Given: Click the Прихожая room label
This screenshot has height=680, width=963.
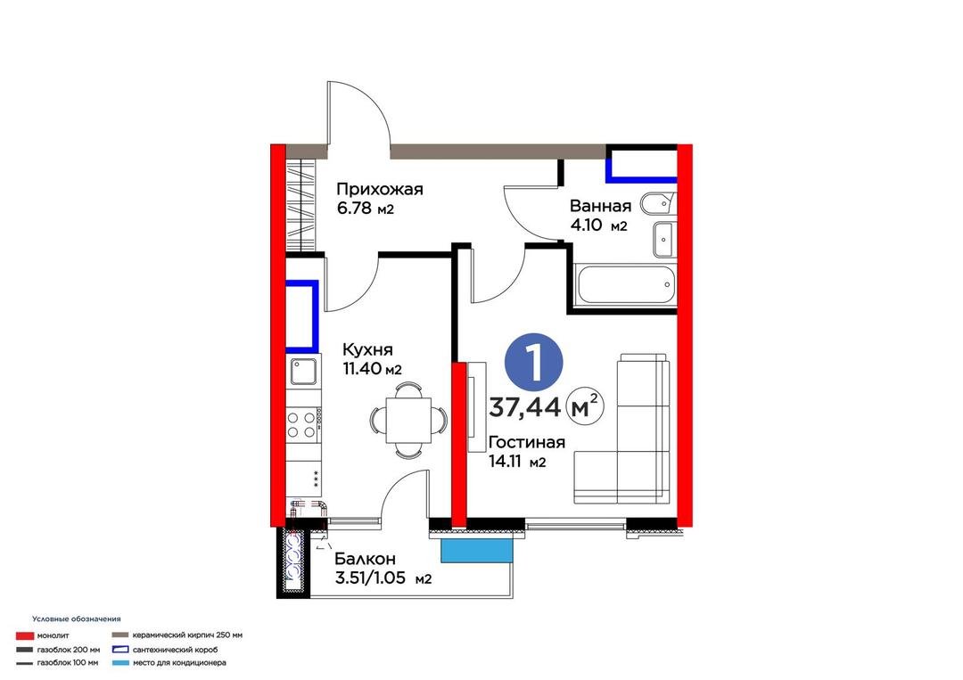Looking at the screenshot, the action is click(380, 189).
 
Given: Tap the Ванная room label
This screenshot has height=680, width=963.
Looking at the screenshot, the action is click(600, 206).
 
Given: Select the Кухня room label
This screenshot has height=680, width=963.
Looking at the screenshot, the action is click(367, 350).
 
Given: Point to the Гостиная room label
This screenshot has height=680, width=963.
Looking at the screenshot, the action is click(526, 443).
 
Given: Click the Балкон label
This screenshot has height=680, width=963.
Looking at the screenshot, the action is click(365, 559).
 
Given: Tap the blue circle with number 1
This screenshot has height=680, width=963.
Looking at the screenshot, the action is click(534, 363).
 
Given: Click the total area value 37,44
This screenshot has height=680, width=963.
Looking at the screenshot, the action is click(524, 407).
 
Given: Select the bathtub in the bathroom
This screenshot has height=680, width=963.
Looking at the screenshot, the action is click(626, 285).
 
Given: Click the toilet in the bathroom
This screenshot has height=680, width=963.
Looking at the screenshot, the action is click(656, 204).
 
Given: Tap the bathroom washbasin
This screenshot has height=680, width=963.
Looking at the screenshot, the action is click(663, 240).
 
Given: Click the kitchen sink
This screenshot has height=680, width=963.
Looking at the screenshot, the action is click(303, 371).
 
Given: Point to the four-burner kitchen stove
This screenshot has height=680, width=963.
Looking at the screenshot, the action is click(303, 425).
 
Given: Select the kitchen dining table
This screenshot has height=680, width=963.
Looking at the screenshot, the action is click(408, 421).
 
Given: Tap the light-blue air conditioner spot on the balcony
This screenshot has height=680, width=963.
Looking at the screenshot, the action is click(476, 550).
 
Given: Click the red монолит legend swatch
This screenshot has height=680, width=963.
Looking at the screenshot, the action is click(25, 635).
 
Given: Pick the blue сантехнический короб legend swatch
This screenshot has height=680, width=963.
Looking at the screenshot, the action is click(121, 650).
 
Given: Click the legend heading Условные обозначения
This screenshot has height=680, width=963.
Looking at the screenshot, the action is click(76, 619).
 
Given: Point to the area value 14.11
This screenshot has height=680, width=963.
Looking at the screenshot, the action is click(506, 462).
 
